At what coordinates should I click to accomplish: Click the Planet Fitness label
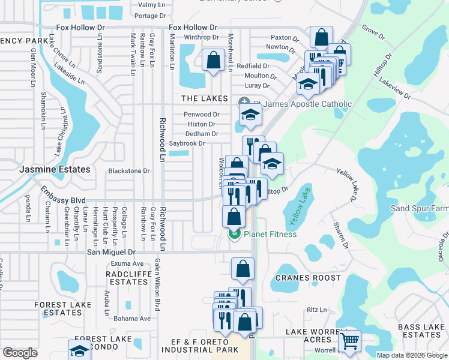click(x=270, y=234)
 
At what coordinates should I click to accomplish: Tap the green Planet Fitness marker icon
click(x=234, y=234)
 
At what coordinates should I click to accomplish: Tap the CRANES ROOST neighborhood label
click(x=308, y=278)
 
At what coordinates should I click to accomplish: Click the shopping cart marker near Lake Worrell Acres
click(x=349, y=341)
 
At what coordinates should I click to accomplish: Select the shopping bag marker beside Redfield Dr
click(x=213, y=60)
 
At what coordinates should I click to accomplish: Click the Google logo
click(x=20, y=353)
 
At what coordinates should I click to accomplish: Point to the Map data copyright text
click(x=412, y=355)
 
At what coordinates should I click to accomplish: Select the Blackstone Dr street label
click(x=128, y=171)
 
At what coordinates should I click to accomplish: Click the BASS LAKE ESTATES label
click(x=420, y=331)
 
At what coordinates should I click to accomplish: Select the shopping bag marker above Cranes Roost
click(x=243, y=269)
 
